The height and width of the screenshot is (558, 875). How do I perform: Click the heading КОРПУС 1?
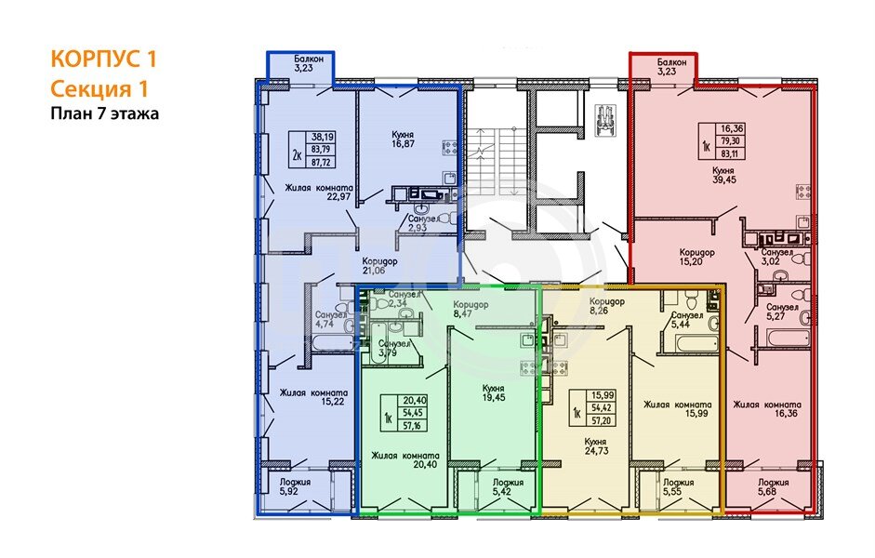[104, 59]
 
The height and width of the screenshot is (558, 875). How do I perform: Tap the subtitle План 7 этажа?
[105, 113]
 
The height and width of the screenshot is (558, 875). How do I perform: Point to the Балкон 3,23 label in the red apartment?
[672, 66]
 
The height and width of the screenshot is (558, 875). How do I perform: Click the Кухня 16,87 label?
[403, 139]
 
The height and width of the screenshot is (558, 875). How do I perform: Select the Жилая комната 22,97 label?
[319, 192]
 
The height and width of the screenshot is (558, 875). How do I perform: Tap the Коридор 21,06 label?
[379, 266]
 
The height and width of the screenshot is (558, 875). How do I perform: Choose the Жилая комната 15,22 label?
[313, 397]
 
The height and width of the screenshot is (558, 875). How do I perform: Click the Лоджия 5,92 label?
[295, 486]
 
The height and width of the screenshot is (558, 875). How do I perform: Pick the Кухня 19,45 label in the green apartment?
[494, 392]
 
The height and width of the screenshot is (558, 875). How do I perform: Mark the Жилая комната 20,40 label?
[405, 459]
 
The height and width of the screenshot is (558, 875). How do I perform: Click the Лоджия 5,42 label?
[508, 487]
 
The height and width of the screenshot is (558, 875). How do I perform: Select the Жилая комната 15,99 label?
[678, 409]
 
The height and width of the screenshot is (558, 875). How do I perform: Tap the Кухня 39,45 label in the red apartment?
[723, 175]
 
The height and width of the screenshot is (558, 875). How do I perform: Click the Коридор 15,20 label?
[696, 257]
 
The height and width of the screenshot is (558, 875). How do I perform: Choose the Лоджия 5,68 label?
[773, 486]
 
